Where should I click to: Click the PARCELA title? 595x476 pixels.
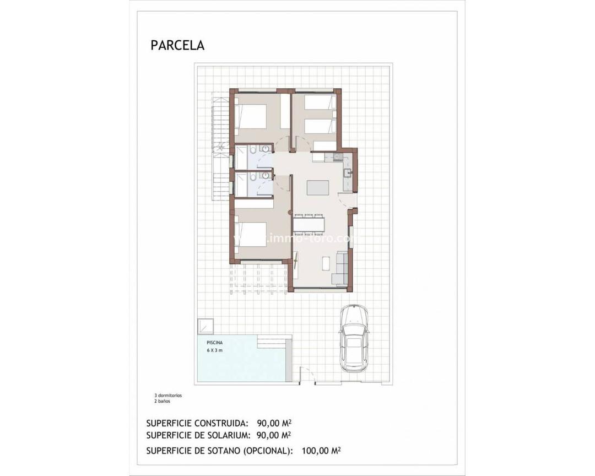(x=177, y=45)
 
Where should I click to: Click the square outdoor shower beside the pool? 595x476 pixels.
(x=205, y=326)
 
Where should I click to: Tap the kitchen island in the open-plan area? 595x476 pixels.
(x=317, y=187)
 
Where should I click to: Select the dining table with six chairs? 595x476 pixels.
(x=309, y=224)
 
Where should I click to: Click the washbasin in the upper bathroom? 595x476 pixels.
(x=266, y=148)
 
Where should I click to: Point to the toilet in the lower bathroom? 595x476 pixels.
(x=251, y=177)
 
